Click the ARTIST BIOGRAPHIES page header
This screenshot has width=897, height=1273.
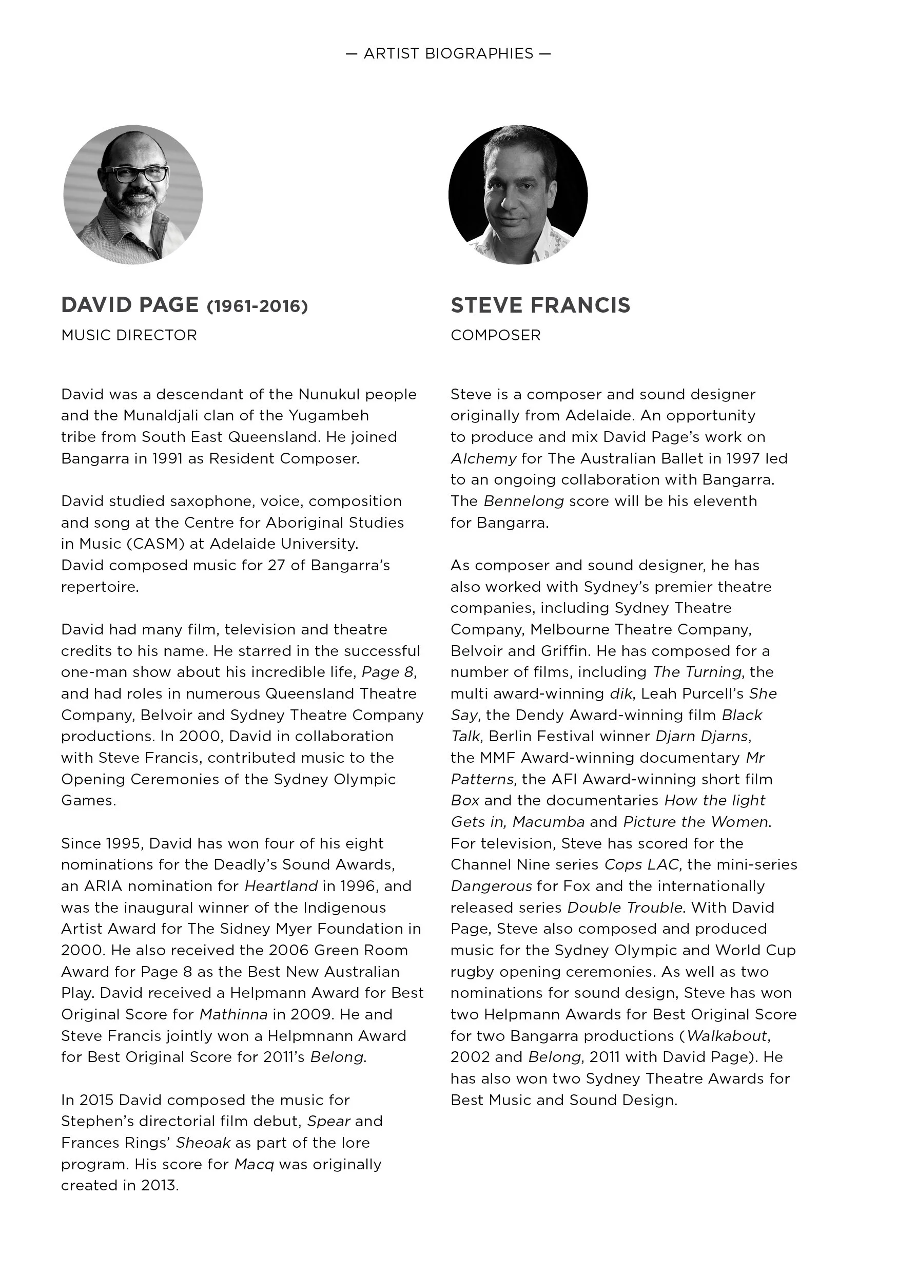[x=448, y=54]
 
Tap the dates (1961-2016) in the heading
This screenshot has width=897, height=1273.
[x=257, y=306]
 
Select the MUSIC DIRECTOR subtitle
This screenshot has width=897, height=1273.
[x=129, y=335]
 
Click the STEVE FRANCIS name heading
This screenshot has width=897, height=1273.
[x=540, y=305]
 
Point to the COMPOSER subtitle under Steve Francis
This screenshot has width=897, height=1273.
[x=495, y=335]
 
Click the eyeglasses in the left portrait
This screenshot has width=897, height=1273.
[x=136, y=174]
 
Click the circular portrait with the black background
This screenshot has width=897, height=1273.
[x=518, y=195]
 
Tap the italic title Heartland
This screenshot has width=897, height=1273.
[x=281, y=886]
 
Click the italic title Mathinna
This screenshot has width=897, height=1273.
[x=233, y=1015]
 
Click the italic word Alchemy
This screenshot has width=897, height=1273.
[x=483, y=458]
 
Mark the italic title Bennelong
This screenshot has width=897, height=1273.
[x=524, y=501]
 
